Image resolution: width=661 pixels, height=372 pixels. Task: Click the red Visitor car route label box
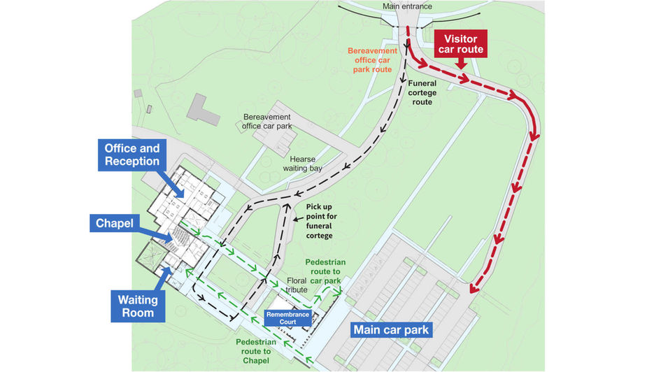pos(460,43)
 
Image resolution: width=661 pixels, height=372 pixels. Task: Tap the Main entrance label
pos(407,7)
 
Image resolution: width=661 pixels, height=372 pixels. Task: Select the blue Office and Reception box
pos(132,155)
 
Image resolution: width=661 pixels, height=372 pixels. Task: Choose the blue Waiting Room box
pos(137,306)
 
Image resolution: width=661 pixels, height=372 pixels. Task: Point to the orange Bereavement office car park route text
pos(372,61)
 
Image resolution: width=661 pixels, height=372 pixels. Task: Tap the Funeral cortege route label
pos(432,92)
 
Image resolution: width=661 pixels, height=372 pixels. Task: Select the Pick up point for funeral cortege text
pos(321,221)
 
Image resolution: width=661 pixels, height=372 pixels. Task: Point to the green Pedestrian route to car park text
pos(325,271)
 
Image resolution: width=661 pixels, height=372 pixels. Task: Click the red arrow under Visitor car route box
pos(460,64)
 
